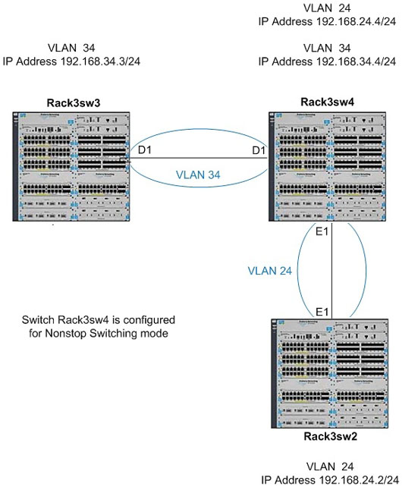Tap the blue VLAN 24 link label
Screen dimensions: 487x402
[269, 270]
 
